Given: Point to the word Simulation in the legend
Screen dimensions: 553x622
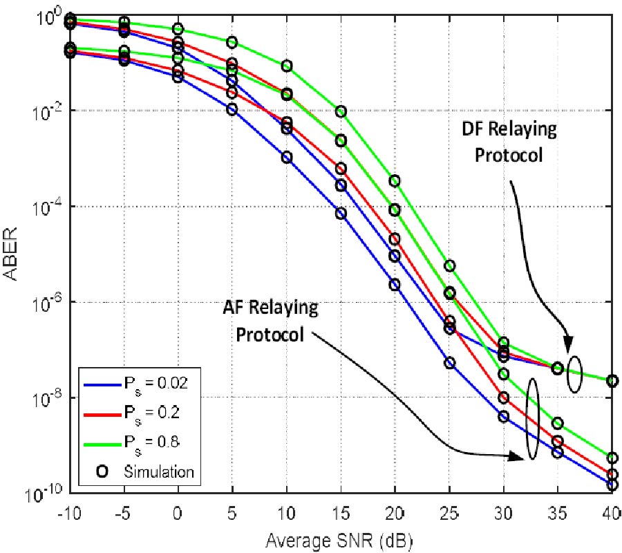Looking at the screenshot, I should (159, 472).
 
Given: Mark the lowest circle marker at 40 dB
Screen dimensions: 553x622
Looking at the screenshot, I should (612, 485).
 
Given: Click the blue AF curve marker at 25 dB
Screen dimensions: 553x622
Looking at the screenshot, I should (450, 363).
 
